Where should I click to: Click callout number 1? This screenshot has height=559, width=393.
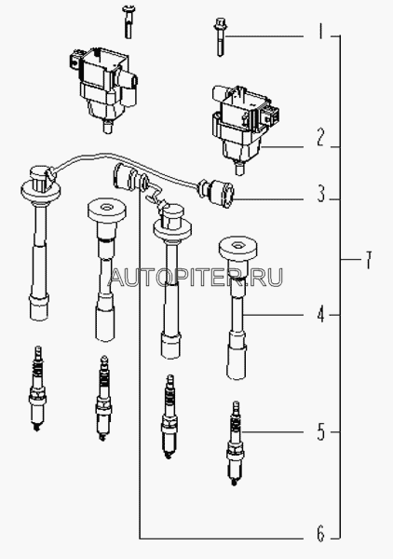320,32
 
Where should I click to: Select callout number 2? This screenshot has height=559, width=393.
320,138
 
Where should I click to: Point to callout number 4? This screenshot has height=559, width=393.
321,315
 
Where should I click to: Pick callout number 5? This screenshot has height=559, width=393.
321,431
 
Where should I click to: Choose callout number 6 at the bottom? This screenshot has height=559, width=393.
321,535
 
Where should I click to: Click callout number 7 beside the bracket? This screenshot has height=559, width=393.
368,260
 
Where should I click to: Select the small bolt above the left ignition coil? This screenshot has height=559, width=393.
128,21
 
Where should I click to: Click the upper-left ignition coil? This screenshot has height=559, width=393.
102,89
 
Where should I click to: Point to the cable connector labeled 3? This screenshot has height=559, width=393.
217,193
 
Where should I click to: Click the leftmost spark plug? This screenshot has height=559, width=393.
37,388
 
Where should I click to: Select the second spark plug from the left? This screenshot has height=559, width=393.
103,398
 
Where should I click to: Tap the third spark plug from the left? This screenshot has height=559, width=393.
169,416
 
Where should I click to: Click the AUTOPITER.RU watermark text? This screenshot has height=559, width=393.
196,277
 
